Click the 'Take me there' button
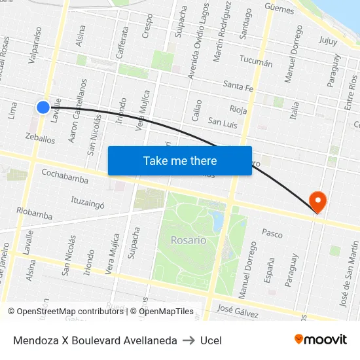point(179,160)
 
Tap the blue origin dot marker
point(43,107)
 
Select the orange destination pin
point(317,201)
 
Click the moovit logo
point(321,340)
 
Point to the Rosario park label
point(189,240)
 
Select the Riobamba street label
point(34,214)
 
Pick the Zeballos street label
point(40,139)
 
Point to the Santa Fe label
point(238,84)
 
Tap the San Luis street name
point(222,122)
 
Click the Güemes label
point(279,7)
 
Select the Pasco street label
point(272,232)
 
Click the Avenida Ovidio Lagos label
point(199,41)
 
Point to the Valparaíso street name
point(35,44)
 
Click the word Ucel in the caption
point(211,340)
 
